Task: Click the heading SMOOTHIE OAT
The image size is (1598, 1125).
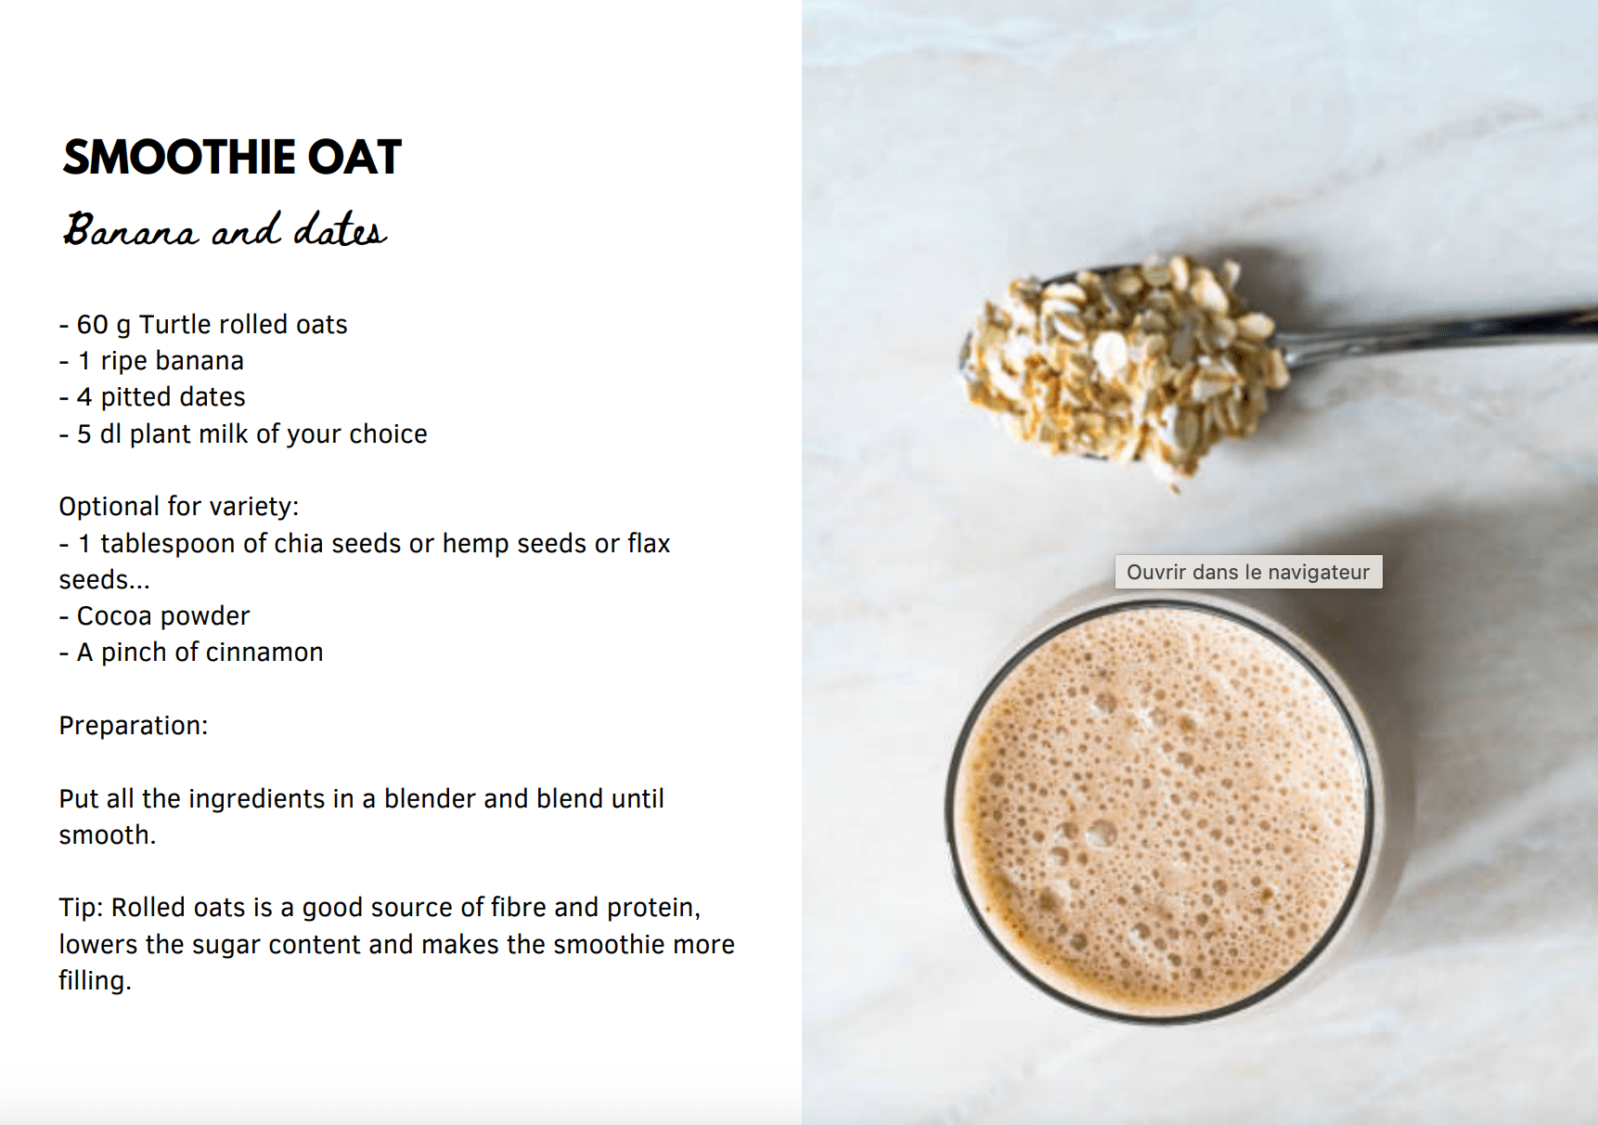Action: pos(232,157)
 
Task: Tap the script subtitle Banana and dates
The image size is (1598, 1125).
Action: pos(225,229)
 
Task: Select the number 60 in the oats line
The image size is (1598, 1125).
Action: pos(92,324)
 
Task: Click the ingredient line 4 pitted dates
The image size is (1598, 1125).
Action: pos(152,397)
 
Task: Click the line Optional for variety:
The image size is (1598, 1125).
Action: pos(179,506)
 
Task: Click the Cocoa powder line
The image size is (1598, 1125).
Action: pos(154,615)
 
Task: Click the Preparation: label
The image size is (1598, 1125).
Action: pos(134,725)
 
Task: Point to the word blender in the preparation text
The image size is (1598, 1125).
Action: pos(430,798)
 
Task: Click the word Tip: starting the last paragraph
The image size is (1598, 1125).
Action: pos(81,907)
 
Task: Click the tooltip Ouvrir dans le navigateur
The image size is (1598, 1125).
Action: pos(1248,572)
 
